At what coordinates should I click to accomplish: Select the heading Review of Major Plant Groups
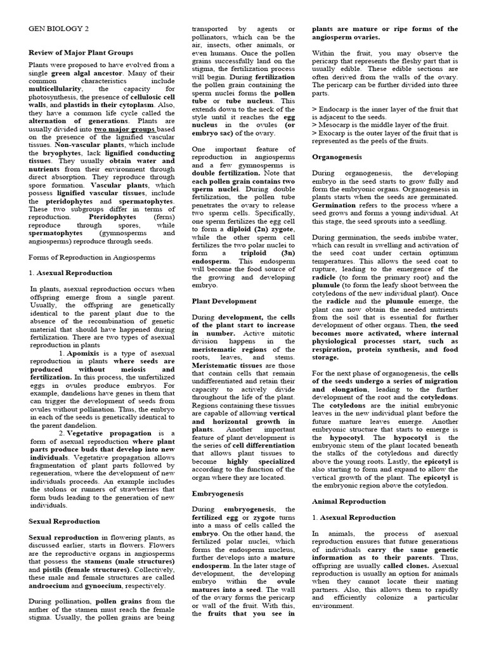click(x=81, y=53)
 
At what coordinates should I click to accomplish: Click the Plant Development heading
click(x=225, y=301)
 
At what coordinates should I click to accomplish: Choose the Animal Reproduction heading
click(x=349, y=501)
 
